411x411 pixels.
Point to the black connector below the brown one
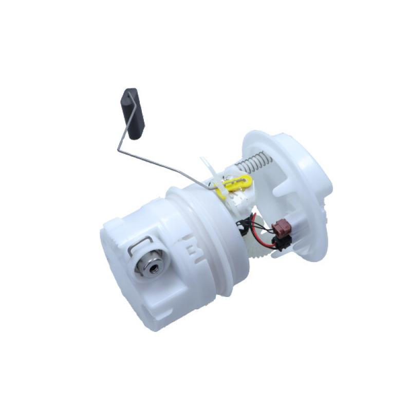(x=282, y=242)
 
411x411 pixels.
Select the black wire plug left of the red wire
(x=242, y=224)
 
